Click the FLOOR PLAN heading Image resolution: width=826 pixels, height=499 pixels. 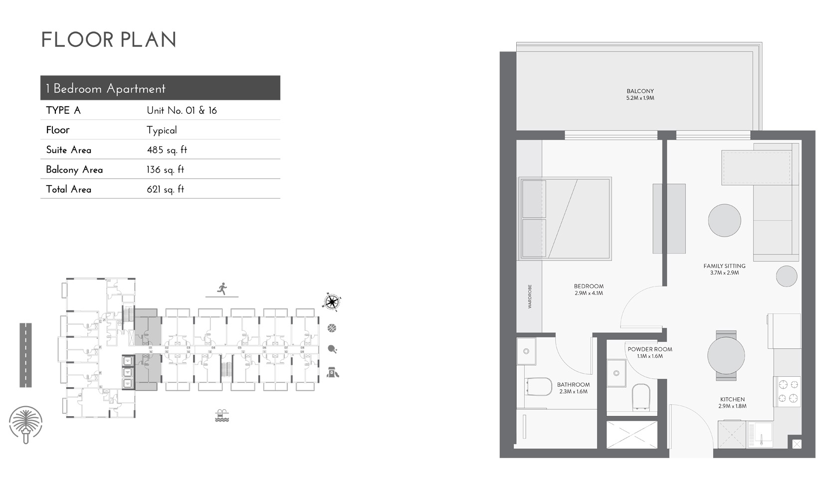(109, 40)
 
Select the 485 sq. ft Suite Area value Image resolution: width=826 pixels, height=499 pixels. (167, 150)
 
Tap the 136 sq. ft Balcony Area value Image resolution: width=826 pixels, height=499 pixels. (165, 170)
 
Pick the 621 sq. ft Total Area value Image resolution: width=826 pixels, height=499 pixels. (165, 189)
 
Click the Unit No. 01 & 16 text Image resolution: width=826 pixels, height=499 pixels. (182, 110)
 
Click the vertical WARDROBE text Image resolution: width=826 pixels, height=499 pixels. (530, 296)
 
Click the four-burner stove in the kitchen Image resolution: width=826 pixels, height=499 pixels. (788, 391)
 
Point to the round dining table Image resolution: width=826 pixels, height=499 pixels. (726, 356)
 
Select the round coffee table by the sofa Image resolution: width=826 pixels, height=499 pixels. (724, 220)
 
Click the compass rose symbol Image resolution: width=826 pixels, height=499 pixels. (332, 301)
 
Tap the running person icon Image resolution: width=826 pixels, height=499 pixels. (222, 288)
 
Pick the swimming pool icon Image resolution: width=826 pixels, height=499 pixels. (222, 416)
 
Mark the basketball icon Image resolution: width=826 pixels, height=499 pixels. (332, 328)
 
